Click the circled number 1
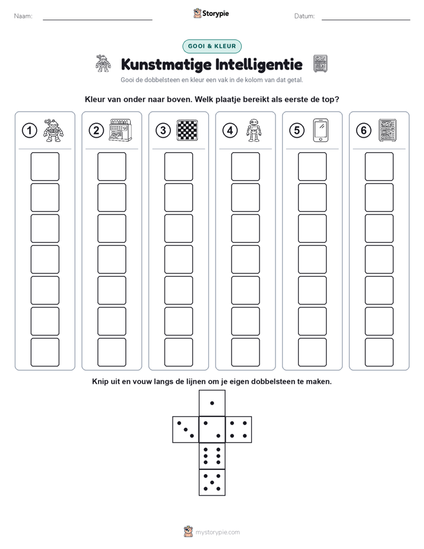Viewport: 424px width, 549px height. tap(29, 131)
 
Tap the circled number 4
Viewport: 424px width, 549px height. tap(230, 131)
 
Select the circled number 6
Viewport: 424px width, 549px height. tap(363, 131)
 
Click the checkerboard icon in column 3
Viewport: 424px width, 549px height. tap(187, 130)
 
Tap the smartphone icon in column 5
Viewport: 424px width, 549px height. tap(321, 130)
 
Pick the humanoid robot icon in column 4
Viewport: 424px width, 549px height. tap(254, 130)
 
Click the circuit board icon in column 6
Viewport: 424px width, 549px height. tap(387, 130)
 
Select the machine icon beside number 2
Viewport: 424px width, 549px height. tap(121, 130)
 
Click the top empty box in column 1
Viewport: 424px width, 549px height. tap(45, 166)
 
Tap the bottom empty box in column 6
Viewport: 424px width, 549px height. tap(379, 352)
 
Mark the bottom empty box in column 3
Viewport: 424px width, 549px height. tap(178, 352)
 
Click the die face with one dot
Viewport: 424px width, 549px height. tap(212, 403)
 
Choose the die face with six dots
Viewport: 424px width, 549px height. tap(212, 456)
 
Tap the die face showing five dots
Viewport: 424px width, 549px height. tap(212, 482)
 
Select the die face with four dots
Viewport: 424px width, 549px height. tap(239, 430)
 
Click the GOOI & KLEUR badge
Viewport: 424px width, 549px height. tap(212, 46)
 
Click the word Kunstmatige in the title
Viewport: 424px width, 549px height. tap(166, 64)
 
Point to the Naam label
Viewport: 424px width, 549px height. tap(23, 16)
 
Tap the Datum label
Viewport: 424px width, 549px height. tap(305, 16)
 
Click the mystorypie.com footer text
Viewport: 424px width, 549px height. tap(217, 532)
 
